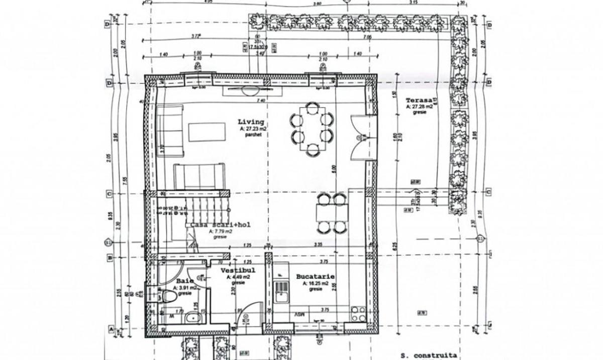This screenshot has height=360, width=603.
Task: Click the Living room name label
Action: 251,122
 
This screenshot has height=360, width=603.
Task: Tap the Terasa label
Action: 419,100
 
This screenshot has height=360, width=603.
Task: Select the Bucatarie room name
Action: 315,277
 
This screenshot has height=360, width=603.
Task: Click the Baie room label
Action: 182,282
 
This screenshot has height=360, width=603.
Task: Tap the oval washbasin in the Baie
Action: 191,317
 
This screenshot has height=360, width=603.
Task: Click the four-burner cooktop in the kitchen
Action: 358,314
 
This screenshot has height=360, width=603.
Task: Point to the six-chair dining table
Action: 312,128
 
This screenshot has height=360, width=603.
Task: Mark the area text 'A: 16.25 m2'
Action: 315,283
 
